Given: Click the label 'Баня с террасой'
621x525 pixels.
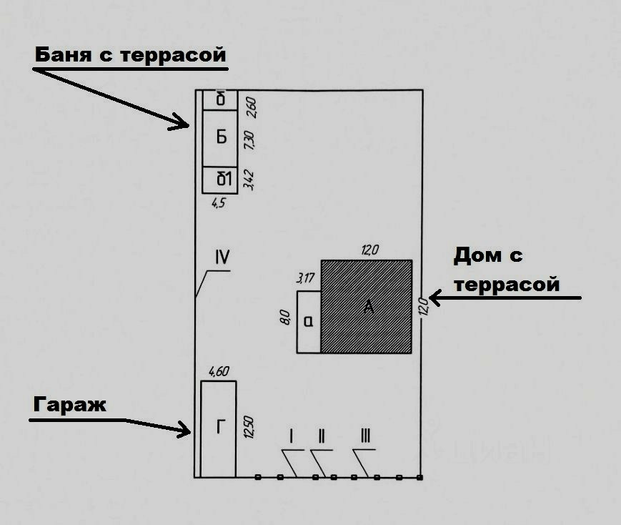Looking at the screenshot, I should point(130,54).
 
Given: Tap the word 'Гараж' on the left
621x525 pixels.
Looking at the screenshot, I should point(69,405).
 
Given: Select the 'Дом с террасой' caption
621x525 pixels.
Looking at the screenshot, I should point(506,270).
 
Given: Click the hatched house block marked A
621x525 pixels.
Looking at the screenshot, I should point(367,306).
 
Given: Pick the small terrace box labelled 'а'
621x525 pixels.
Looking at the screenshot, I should point(309,323).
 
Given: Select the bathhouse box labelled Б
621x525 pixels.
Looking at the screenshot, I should point(221,137).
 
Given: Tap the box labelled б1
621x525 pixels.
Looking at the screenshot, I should point(224,179).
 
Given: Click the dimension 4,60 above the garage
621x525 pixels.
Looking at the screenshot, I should point(218,372).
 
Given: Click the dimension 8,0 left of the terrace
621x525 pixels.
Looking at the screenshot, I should point(285,315).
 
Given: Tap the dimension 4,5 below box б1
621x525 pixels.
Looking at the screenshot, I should point(218,203).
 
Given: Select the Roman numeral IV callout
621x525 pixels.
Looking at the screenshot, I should point(221,256).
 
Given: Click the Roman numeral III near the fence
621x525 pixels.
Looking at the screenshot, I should point(365,435).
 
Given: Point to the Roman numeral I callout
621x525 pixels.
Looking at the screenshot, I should point(291,435).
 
